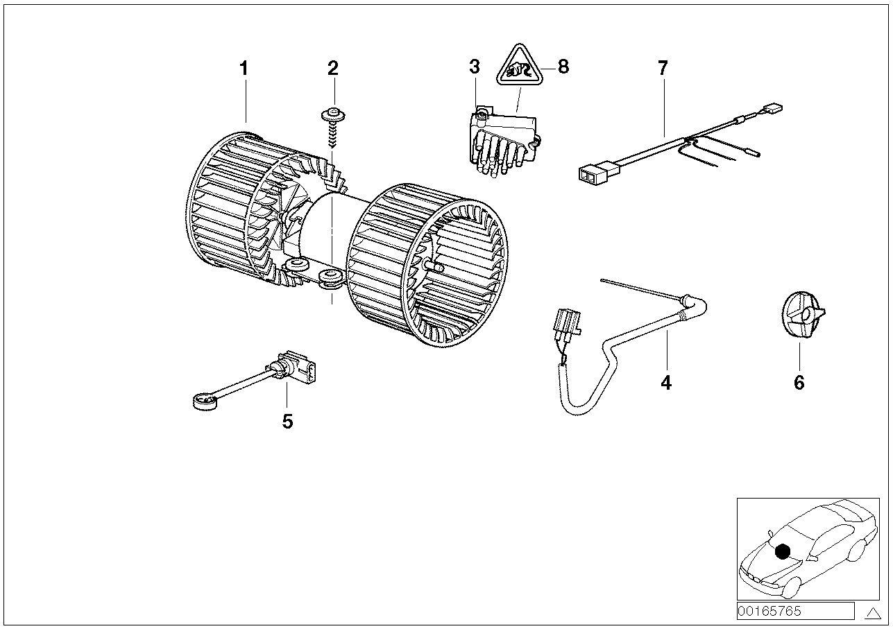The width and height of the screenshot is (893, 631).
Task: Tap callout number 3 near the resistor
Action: pyautogui.click(x=474, y=67)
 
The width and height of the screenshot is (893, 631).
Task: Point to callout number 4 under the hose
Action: pyautogui.click(x=666, y=382)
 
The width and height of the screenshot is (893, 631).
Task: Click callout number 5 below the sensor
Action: pyautogui.click(x=287, y=421)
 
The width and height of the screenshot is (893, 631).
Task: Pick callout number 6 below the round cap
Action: pyautogui.click(x=799, y=382)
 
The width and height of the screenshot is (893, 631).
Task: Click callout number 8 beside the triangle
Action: pyautogui.click(x=563, y=67)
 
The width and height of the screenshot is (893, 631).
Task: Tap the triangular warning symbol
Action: pyautogui.click(x=520, y=68)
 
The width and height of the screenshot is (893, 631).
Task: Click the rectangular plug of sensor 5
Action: pyautogui.click(x=303, y=368)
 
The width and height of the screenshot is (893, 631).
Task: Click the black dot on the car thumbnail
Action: pyautogui.click(x=782, y=551)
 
